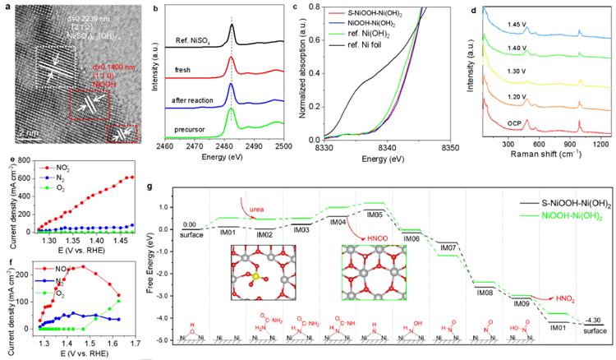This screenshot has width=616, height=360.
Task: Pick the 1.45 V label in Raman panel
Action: click(x=493, y=25)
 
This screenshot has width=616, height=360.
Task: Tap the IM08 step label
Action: click(x=485, y=290)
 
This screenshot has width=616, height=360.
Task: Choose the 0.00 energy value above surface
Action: click(x=191, y=223)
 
